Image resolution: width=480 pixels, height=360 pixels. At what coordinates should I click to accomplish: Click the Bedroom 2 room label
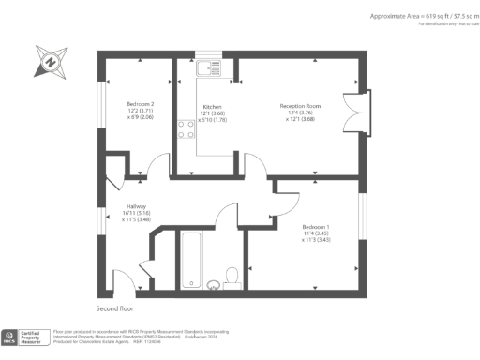point(141,104)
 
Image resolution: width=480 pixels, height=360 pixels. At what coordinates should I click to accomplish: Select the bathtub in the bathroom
point(191,258)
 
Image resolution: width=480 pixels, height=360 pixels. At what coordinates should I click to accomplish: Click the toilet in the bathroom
point(233,273)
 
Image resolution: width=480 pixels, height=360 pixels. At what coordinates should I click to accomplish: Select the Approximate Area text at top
point(419,18)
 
